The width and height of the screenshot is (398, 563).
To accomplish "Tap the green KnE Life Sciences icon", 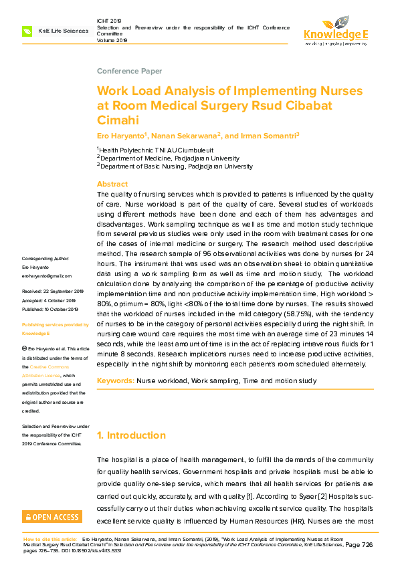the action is pos(27,31).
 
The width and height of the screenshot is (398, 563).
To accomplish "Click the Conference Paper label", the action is pos(129,71).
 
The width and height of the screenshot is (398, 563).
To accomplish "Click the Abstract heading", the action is pos(112,184).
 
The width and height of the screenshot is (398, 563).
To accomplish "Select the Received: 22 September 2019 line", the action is pos(53,292).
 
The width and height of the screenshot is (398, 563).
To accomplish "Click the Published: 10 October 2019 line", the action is pos(50,309).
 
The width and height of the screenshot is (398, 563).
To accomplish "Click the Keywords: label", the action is pos(115,380).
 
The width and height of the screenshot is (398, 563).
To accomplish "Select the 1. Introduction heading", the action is pos(131,435).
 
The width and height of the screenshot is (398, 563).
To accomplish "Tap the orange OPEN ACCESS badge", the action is pos(52,516).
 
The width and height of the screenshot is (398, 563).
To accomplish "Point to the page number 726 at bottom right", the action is pos(367,545).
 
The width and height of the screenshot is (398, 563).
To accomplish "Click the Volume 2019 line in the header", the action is pos(112,40).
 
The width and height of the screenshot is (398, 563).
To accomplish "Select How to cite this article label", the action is pos(51,538).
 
